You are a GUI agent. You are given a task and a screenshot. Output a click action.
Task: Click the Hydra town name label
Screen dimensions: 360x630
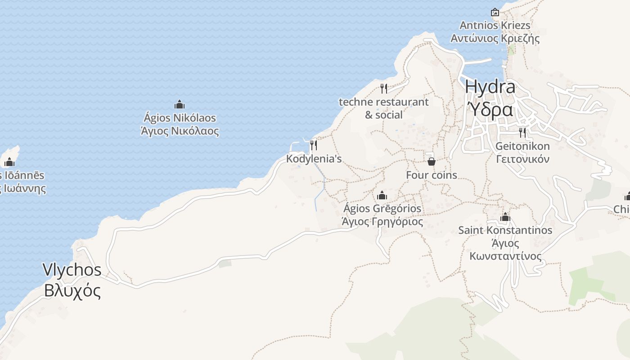(x=490, y=86)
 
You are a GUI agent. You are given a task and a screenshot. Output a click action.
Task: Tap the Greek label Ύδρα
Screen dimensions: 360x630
(x=490, y=109)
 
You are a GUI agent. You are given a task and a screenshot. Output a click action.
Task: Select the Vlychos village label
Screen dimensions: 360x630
(x=72, y=270)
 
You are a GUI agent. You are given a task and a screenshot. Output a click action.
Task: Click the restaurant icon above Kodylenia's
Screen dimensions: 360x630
(x=314, y=145)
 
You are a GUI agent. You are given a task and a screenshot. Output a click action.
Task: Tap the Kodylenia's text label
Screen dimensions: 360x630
(x=314, y=159)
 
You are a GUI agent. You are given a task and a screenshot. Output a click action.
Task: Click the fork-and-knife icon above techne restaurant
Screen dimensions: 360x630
(x=383, y=88)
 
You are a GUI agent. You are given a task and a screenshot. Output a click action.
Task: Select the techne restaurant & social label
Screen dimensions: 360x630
(x=384, y=108)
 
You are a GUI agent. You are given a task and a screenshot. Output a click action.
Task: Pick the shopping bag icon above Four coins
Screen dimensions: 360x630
(x=431, y=161)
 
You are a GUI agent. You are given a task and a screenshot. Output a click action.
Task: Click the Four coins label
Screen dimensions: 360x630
(x=432, y=175)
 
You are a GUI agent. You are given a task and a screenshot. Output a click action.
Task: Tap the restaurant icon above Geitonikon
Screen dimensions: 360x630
(x=522, y=132)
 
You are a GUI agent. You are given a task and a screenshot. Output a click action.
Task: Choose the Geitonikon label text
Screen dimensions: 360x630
(x=522, y=146)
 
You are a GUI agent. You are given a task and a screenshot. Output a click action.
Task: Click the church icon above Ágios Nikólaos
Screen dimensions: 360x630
(x=180, y=105)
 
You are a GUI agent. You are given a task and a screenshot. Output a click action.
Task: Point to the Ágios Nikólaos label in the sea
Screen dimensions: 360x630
(x=180, y=118)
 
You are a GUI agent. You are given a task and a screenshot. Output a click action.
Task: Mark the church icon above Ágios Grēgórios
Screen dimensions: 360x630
(x=382, y=195)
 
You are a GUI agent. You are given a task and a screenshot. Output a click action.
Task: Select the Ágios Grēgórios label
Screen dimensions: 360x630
(x=382, y=209)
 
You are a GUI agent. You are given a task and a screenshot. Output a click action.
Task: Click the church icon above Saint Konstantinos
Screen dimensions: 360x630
(x=505, y=217)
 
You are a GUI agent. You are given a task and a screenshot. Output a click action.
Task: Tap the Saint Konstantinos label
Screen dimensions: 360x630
(x=505, y=230)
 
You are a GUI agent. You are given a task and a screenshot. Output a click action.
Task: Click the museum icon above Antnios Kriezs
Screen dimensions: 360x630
(x=495, y=12)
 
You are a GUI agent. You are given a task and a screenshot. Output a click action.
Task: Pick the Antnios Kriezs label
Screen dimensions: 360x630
(x=495, y=25)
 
